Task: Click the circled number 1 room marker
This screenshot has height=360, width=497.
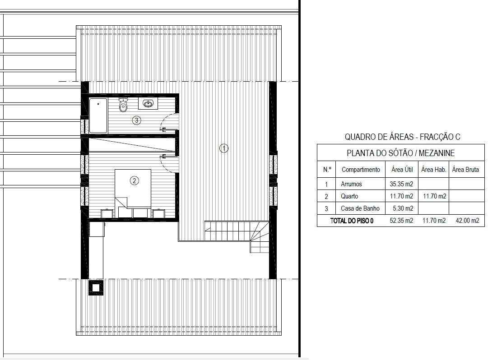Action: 224,148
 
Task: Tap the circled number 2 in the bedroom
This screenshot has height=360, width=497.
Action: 135,180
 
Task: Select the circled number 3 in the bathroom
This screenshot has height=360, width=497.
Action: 137,120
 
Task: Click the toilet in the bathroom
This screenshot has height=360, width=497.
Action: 123,105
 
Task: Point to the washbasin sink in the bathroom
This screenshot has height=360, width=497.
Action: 148,103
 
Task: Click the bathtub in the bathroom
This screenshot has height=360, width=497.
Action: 98,115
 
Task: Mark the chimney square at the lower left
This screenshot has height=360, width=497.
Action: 96,288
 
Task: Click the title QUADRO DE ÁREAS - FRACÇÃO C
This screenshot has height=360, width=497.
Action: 402,137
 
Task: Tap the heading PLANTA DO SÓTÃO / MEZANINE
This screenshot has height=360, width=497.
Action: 401,153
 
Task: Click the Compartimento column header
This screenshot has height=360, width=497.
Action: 361,170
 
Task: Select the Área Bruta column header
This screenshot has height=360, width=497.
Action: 465,170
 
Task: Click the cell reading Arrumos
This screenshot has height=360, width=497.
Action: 351,184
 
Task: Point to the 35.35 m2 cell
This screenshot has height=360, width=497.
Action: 401,184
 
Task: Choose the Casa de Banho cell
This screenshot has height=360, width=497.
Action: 360,208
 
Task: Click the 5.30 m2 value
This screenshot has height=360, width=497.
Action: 403,208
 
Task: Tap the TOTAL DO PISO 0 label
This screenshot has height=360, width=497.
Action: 352,221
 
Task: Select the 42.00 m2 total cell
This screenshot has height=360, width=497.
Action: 467,221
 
